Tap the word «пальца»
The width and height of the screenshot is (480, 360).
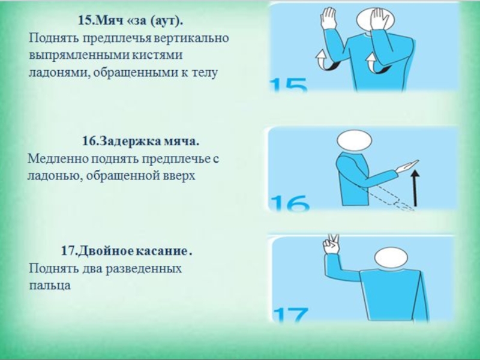coord(50,286)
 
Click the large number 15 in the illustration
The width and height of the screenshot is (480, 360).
coord(289,85)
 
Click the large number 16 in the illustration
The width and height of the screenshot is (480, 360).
coord(290,203)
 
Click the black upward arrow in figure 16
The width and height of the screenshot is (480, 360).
coord(415,188)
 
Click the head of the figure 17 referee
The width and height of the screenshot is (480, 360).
coord(391,257)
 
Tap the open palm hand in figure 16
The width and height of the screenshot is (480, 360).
coord(407,166)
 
